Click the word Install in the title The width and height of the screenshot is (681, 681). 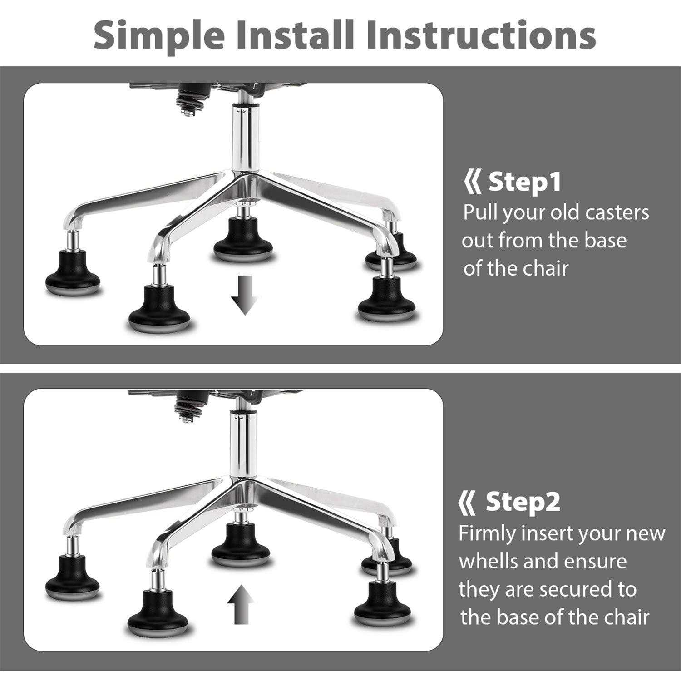pos(292,35)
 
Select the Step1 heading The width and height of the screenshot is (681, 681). pos(524,182)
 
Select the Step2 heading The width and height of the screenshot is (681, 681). pos(523,502)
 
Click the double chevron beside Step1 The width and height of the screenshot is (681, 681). pos(472,182)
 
